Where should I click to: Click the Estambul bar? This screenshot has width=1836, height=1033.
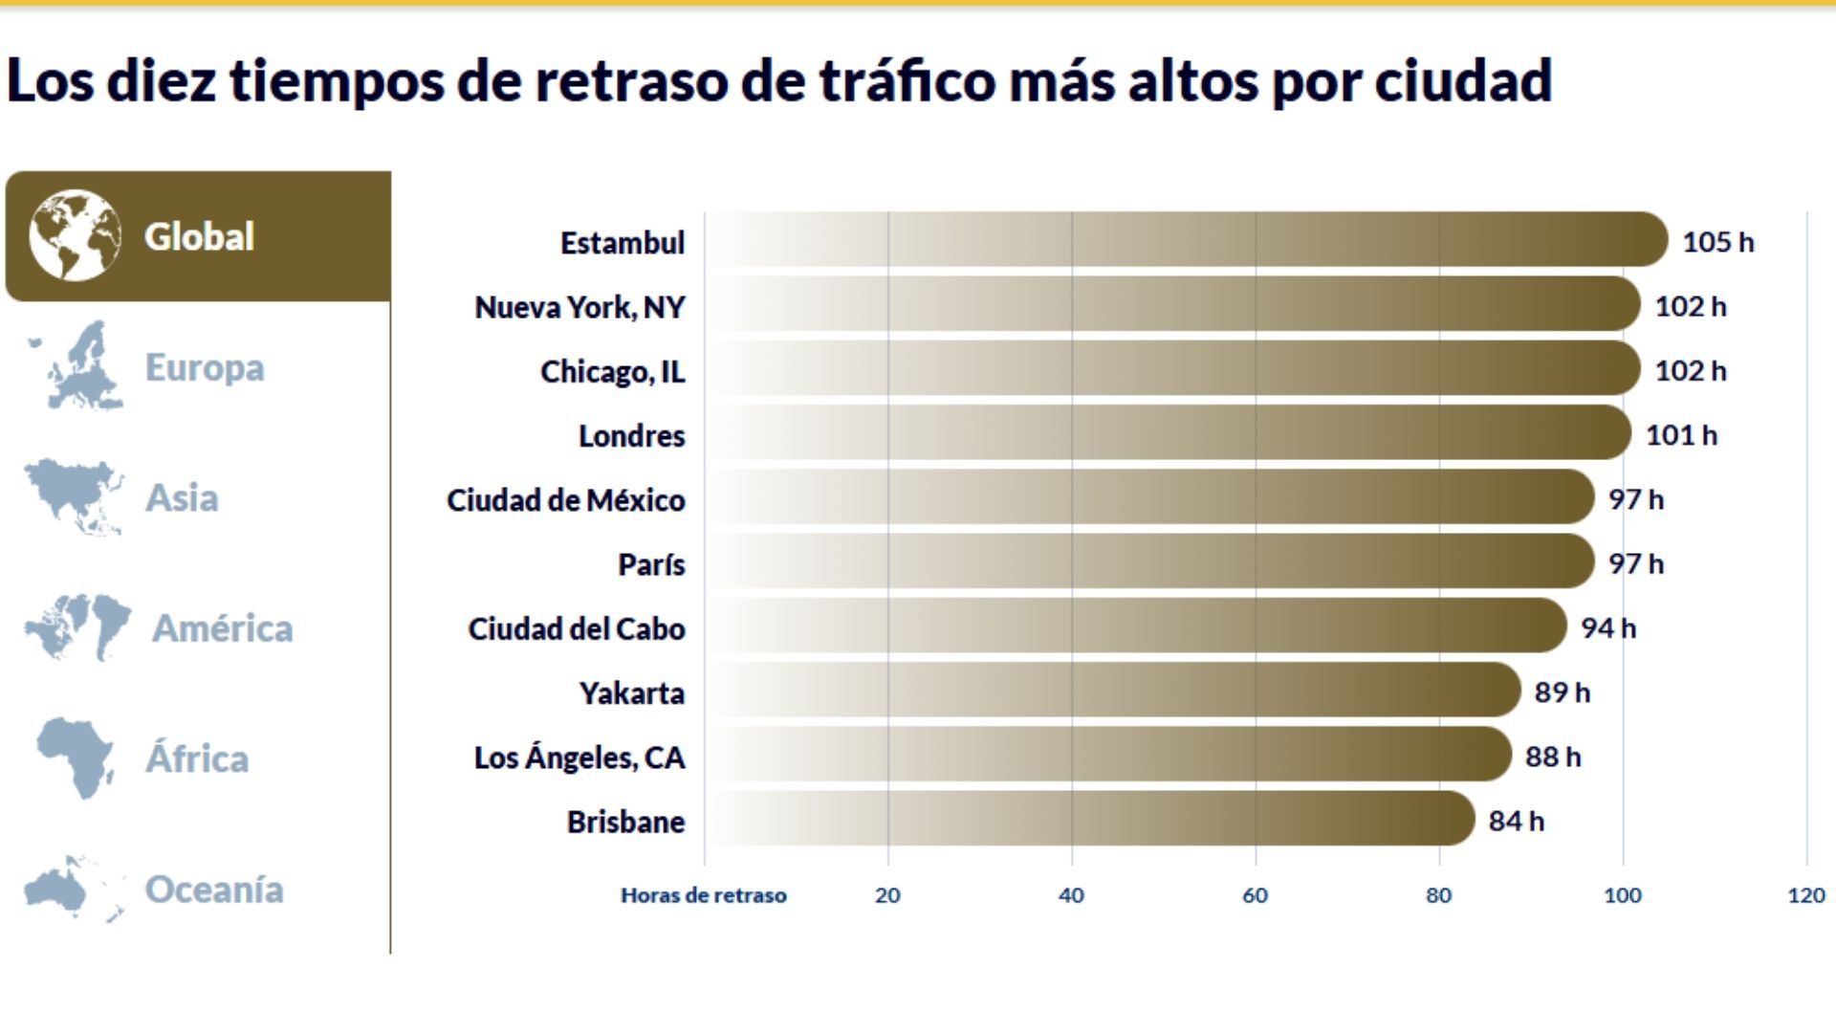(x=1186, y=240)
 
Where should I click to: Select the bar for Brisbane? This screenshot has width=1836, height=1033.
(x=1090, y=819)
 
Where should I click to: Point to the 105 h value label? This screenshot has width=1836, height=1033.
(x=1717, y=242)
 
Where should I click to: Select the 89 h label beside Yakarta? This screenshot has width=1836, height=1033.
(x=1562, y=692)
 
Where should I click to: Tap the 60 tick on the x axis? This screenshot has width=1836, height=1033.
(x=1255, y=895)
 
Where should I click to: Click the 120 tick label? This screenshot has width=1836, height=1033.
(x=1805, y=895)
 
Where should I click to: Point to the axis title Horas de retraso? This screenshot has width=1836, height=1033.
(x=703, y=895)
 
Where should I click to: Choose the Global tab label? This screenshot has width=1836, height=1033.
(x=199, y=237)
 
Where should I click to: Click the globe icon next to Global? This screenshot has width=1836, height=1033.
(x=75, y=235)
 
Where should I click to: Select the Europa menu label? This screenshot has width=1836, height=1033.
(x=204, y=367)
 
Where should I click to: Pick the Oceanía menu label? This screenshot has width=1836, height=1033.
(x=213, y=890)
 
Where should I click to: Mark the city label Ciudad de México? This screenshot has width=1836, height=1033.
(x=565, y=500)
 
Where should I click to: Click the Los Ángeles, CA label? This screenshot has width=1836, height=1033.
(x=579, y=758)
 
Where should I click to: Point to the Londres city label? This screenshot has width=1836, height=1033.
(x=631, y=436)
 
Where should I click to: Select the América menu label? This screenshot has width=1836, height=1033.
(x=222, y=628)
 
